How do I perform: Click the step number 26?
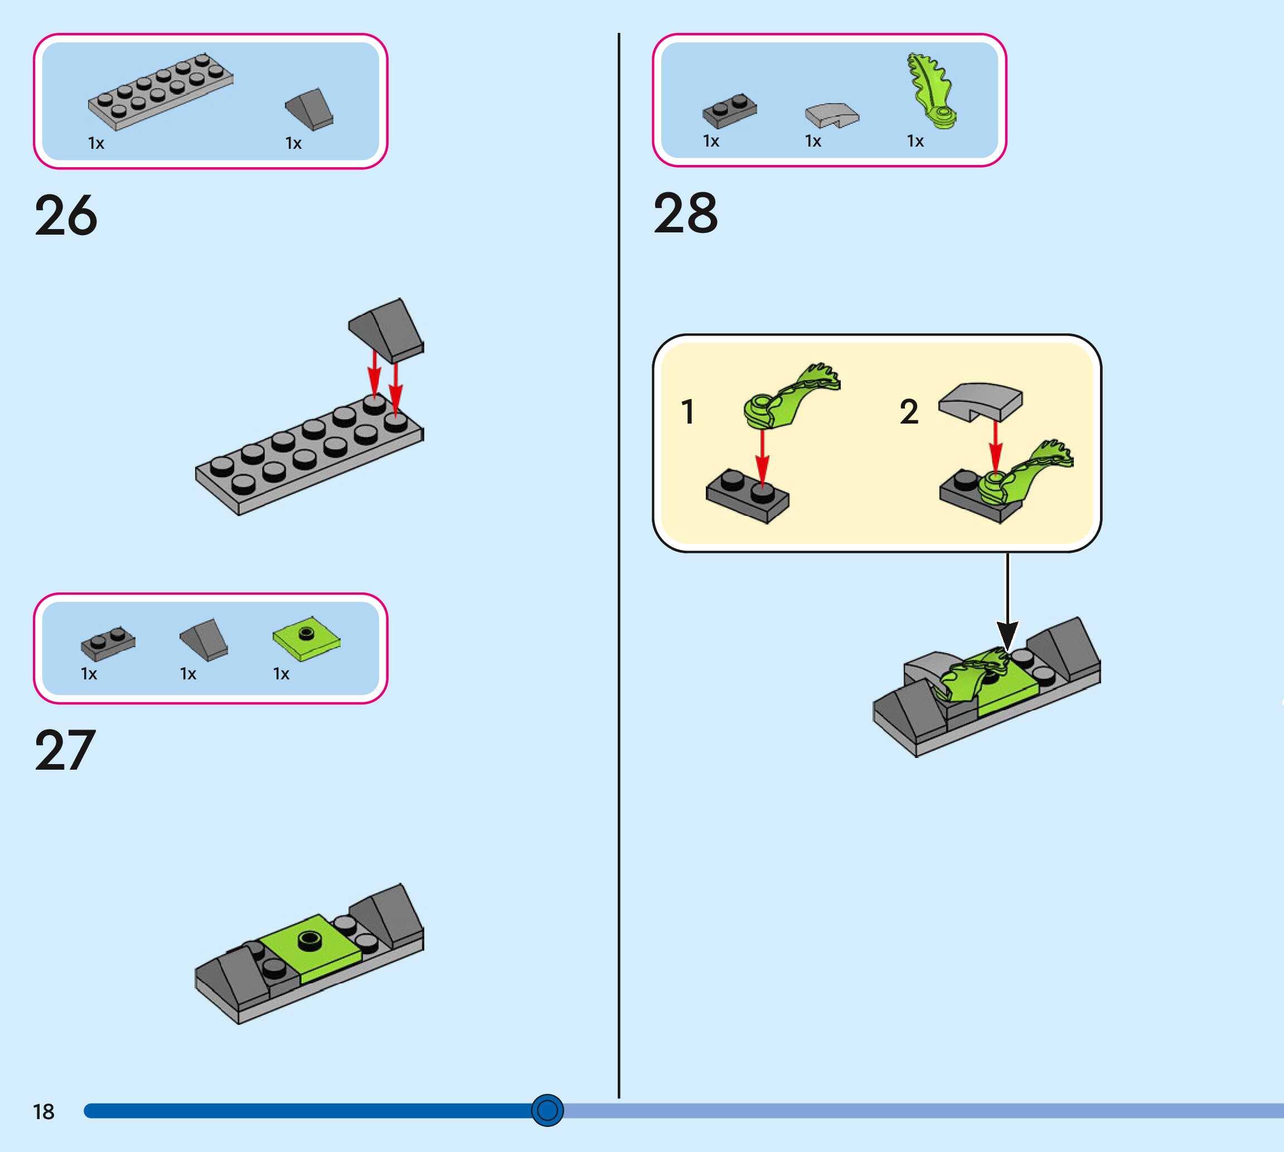(66, 216)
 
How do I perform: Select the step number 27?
(65, 750)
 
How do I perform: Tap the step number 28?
(686, 213)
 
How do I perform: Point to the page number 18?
(43, 1111)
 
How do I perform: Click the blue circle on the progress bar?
(547, 1110)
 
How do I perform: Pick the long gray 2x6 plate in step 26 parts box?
(161, 92)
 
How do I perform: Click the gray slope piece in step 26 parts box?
(309, 109)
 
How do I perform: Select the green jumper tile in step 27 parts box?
(307, 639)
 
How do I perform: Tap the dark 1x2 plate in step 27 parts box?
(108, 643)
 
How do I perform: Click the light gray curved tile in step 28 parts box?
(832, 115)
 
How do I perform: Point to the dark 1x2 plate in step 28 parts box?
(729, 111)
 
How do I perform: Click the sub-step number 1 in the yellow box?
(687, 411)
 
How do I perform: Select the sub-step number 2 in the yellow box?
(909, 411)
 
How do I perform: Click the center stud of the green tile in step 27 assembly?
(309, 939)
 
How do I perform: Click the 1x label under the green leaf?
(915, 140)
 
